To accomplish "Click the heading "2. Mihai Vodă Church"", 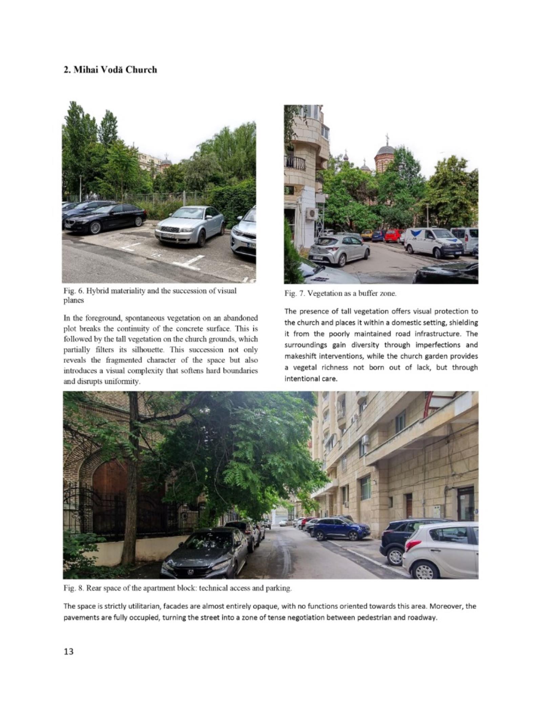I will [110, 70].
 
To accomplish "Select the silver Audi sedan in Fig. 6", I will [189, 225].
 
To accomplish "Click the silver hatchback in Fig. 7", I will [339, 250].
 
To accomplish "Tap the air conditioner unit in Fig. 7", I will [312, 213].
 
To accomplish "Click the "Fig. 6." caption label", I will [71, 291].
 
